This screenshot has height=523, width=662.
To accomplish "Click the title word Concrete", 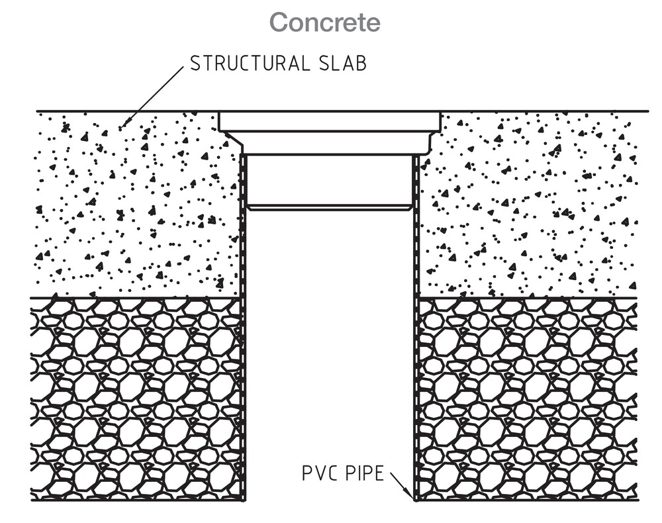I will [325, 23].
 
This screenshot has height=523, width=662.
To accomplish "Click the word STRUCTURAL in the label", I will [248, 64].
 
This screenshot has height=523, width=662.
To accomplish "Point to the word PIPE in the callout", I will [363, 474].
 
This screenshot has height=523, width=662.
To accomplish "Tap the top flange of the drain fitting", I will [330, 122].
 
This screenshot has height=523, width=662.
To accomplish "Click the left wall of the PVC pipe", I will [244, 331].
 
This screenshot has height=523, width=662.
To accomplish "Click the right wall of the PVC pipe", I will [416, 331].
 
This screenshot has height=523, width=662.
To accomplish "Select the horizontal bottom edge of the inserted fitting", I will [330, 207].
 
